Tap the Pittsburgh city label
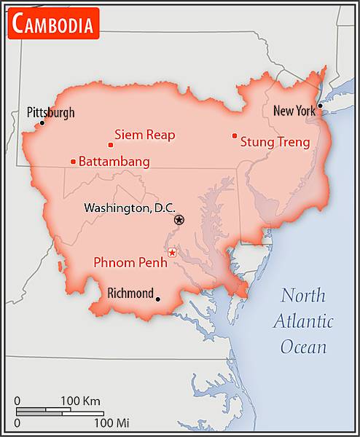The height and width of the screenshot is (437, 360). click(50, 113)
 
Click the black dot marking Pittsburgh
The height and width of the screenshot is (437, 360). click(42, 122)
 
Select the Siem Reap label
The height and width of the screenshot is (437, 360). click(144, 135)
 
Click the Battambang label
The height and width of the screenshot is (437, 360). click(114, 161)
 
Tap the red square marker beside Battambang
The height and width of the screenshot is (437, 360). click(73, 162)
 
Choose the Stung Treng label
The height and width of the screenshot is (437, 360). click(275, 142)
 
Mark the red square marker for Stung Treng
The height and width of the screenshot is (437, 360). click(234, 135)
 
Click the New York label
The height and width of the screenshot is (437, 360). click(294, 111)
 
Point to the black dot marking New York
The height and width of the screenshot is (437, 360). click(319, 106)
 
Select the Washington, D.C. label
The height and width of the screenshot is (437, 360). click(130, 208)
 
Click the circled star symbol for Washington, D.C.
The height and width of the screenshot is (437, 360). click(179, 219)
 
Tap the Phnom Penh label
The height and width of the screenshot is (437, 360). click(130, 262)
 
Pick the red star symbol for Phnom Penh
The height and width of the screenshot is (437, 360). click(172, 253)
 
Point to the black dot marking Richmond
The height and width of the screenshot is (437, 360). click(158, 298)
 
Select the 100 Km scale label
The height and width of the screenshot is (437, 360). click(80, 401)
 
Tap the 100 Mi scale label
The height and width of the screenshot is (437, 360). click(111, 422)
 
